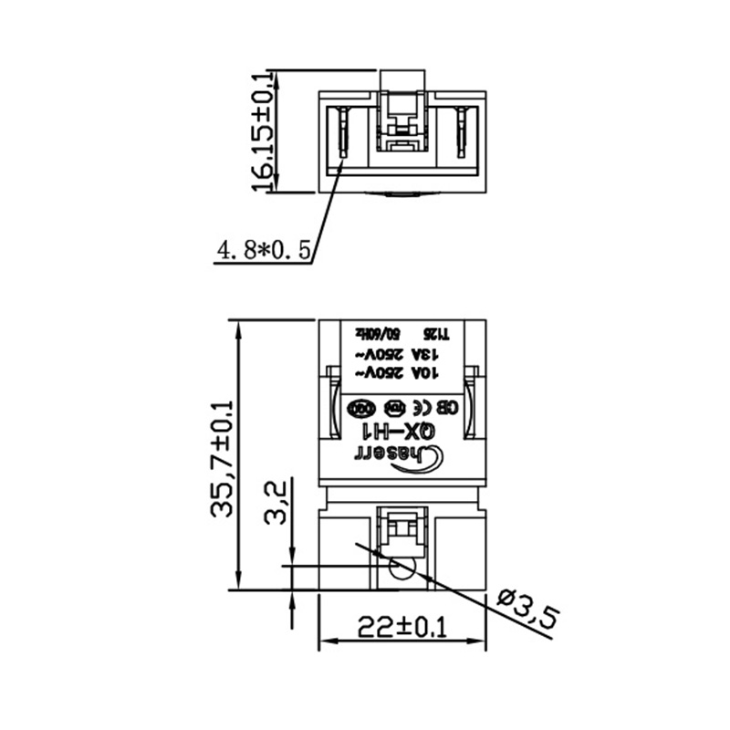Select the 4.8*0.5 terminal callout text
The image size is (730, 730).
(x=264, y=248)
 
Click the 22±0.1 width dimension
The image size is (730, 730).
(x=401, y=628)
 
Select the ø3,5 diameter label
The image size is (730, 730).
(x=528, y=608)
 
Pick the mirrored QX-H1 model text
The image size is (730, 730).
(x=401, y=430)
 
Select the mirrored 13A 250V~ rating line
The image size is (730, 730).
(x=402, y=353)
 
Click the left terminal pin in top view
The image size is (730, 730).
(x=343, y=132)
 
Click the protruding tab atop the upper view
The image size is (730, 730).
(x=401, y=80)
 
